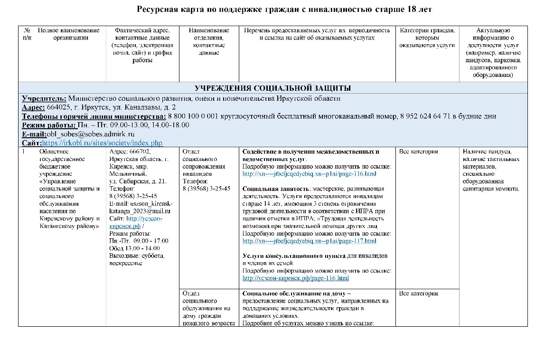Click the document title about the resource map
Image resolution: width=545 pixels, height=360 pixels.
(x=284, y=9)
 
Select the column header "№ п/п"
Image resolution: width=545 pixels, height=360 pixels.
(x=27, y=34)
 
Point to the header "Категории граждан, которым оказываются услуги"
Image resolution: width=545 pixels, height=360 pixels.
(x=427, y=38)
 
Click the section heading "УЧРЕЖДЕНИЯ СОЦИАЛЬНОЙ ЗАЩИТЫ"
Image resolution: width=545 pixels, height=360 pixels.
(x=272, y=88)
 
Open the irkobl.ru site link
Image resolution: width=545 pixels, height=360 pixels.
(x=103, y=142)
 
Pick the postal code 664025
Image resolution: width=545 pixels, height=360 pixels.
(x=58, y=107)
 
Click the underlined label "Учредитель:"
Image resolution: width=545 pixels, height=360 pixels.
(x=44, y=98)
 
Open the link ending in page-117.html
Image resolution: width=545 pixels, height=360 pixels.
(x=309, y=241)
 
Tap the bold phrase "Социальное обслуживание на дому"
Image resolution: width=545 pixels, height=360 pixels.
(x=296, y=294)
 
